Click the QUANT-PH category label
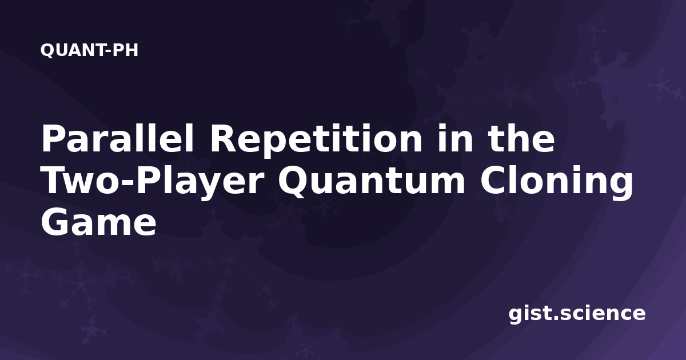click(x=89, y=50)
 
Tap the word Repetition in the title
click(x=316, y=140)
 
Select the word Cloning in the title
click(x=556, y=183)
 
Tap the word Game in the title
click(x=98, y=222)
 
